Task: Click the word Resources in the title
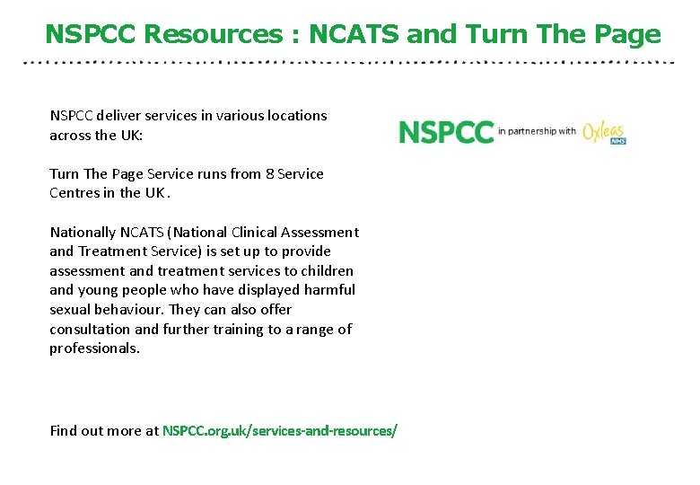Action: click(213, 35)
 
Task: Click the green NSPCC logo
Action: click(446, 132)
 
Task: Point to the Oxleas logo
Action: click(601, 131)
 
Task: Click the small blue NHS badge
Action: click(617, 140)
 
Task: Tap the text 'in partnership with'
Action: click(537, 131)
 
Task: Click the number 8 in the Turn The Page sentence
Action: click(269, 173)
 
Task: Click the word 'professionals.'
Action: click(94, 348)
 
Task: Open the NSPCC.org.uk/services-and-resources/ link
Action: click(279, 430)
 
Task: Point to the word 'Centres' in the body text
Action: click(75, 192)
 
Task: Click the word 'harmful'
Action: click(328, 289)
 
